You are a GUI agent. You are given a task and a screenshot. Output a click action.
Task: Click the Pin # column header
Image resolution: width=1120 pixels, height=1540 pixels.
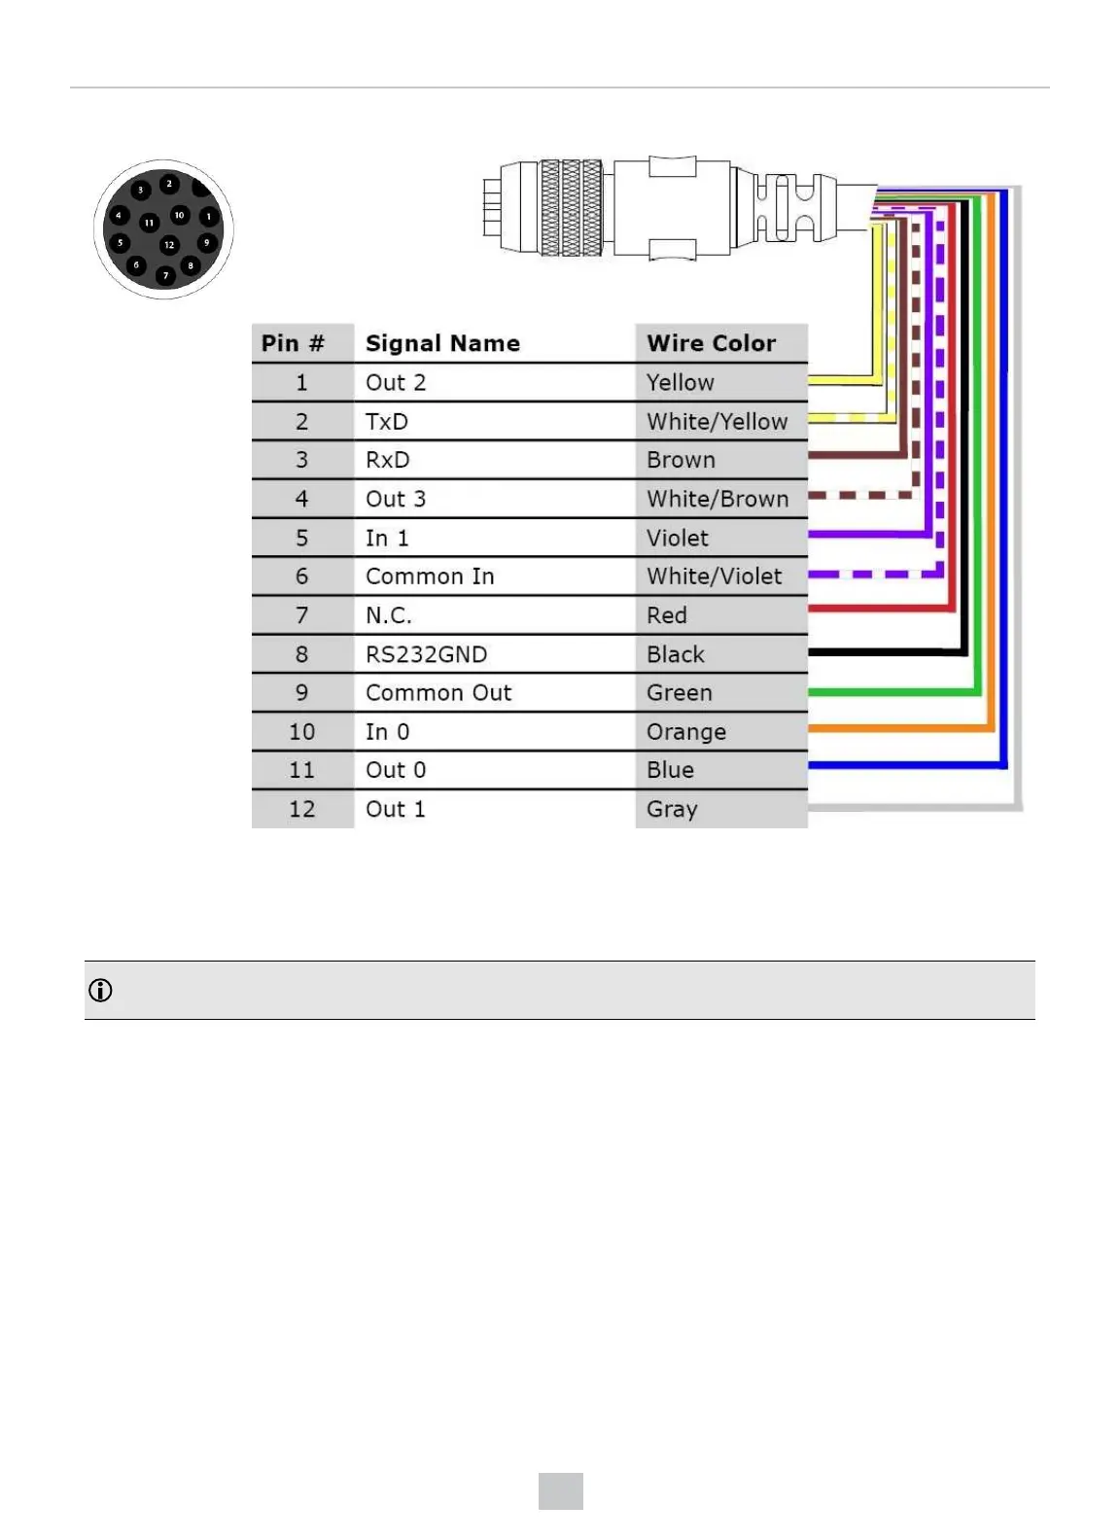tap(293, 343)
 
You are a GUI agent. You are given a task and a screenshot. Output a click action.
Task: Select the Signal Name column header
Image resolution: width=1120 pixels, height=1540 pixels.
tap(442, 343)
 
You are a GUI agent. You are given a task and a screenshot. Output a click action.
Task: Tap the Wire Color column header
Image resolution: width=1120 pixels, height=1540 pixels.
tap(712, 343)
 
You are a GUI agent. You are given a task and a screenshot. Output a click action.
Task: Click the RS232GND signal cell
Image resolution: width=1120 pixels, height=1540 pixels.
tap(426, 654)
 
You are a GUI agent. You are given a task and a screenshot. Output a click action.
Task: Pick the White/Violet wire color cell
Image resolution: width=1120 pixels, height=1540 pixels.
tap(715, 577)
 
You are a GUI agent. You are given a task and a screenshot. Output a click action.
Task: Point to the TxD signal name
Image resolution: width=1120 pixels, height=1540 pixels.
tap(387, 421)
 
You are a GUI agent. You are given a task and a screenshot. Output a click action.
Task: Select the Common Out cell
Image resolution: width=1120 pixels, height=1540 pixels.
tap(438, 693)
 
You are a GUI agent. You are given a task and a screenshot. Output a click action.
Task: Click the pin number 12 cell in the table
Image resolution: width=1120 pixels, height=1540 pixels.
tap(301, 809)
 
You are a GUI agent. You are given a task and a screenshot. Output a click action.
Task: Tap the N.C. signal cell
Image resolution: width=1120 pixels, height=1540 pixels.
tap(389, 615)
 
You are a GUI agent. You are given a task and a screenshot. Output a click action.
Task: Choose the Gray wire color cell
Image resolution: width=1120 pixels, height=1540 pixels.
tap(673, 809)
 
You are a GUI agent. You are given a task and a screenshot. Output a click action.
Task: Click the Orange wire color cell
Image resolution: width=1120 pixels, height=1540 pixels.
tap(686, 731)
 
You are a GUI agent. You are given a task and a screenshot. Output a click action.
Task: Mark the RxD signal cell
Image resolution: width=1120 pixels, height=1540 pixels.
tap(388, 460)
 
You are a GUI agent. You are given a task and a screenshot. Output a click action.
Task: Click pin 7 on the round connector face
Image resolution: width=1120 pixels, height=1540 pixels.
tap(165, 276)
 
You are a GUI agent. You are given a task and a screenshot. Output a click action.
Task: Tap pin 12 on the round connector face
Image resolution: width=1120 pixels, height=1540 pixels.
tap(169, 244)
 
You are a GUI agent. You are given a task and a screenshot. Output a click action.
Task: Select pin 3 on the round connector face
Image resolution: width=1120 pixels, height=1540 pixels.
tap(141, 190)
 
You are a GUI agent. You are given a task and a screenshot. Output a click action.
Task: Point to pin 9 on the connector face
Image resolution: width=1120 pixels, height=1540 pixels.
tap(206, 242)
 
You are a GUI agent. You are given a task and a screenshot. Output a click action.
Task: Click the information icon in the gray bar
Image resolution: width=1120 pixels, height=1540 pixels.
tap(100, 991)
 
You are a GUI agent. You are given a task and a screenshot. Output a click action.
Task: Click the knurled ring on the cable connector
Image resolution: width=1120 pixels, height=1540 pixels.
tap(571, 208)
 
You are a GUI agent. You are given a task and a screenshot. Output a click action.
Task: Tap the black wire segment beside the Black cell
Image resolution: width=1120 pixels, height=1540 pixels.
tap(885, 652)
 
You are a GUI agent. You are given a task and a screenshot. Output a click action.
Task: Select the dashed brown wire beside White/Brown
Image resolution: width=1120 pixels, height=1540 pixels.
tap(860, 496)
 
